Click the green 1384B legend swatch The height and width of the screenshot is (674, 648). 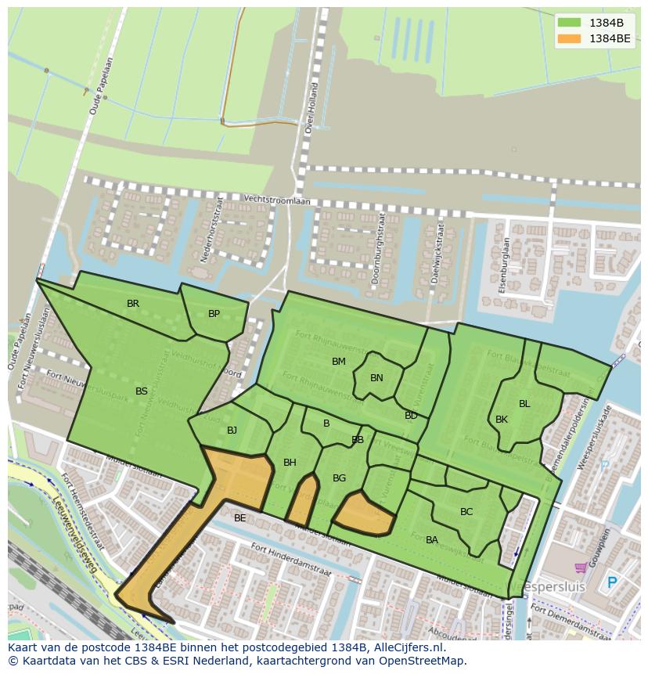click(569, 23)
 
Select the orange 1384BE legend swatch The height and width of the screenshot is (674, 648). click(569, 38)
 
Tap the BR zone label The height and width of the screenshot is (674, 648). click(133, 304)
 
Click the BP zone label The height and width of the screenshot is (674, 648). click(214, 314)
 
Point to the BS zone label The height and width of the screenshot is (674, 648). click(141, 391)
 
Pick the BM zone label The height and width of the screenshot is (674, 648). click(338, 362)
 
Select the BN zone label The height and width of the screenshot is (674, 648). click(376, 378)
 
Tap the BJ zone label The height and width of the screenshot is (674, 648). click(232, 431)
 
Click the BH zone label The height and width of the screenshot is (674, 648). click(290, 463)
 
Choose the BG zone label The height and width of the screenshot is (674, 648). click(339, 478)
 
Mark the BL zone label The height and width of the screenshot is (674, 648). click(524, 404)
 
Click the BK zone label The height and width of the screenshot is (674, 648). click(502, 420)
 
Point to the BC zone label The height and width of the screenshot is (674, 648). click(466, 512)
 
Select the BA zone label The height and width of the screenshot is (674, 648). click(432, 540)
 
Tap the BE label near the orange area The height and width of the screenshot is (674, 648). click(239, 518)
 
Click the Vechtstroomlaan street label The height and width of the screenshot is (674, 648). click(276, 200)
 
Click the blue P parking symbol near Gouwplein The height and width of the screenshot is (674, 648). click(612, 583)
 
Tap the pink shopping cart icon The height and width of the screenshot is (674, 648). click(581, 568)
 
